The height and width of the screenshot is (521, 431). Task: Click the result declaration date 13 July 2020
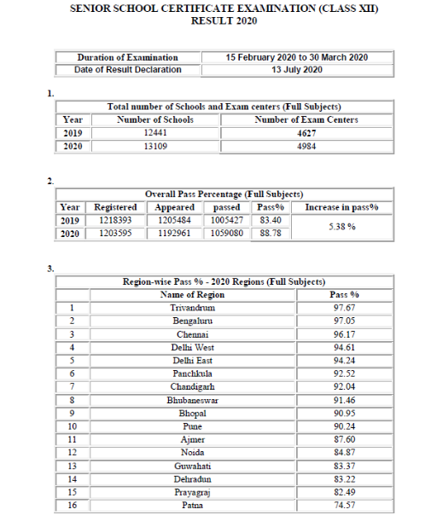pos(296,69)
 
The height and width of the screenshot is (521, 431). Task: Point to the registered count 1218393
pos(115,220)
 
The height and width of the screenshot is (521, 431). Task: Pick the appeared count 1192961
pos(175,233)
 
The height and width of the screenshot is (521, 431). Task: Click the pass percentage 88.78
pos(271,233)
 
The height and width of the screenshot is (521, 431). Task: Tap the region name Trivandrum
pos(192,307)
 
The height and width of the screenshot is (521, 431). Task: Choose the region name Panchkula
pos(192,373)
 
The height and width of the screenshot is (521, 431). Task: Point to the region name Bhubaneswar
pos(192,400)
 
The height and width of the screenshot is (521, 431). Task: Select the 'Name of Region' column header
pos(192,294)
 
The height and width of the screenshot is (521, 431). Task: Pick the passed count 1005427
pos(226,220)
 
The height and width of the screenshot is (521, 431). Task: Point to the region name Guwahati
pos(192,466)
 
